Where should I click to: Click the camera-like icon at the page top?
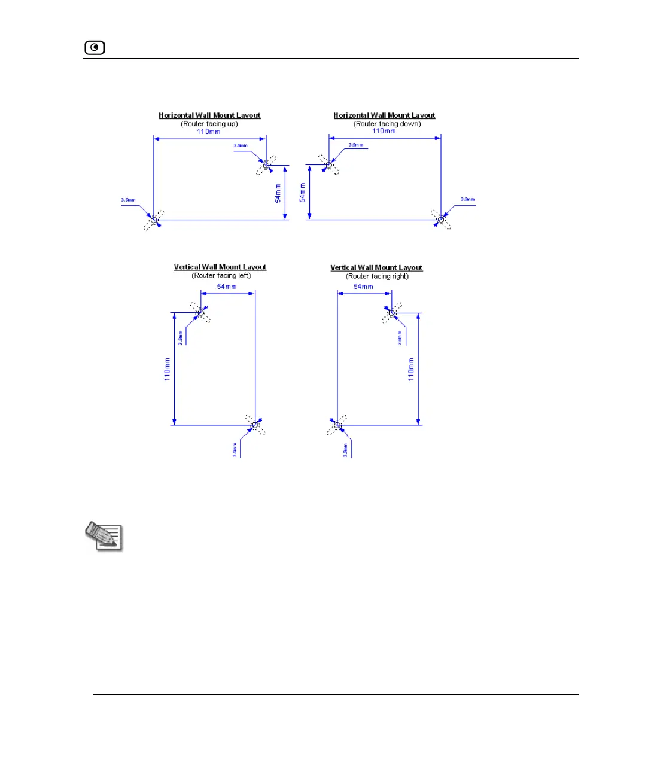point(95,47)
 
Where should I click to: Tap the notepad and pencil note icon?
point(104,536)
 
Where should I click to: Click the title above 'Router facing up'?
point(209,115)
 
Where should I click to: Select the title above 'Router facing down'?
point(384,115)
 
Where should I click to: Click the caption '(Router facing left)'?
point(221,276)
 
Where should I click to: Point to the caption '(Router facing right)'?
point(378,276)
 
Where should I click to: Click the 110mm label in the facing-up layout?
point(209,132)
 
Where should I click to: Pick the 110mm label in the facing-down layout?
point(384,131)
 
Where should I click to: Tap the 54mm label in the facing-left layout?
point(227,287)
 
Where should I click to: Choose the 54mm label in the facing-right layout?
point(363,287)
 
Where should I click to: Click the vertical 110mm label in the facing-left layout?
point(168,370)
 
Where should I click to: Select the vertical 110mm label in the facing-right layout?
point(411,370)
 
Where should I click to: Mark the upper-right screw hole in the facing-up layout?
point(266,165)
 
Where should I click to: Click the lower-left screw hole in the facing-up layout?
point(154,220)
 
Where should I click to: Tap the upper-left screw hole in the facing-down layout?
point(328,164)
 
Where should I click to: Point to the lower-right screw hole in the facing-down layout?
point(441,220)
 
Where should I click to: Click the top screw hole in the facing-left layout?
point(200,312)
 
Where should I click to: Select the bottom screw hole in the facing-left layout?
point(255,425)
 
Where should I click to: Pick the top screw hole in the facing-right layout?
point(392,312)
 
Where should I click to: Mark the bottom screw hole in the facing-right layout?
point(337,425)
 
